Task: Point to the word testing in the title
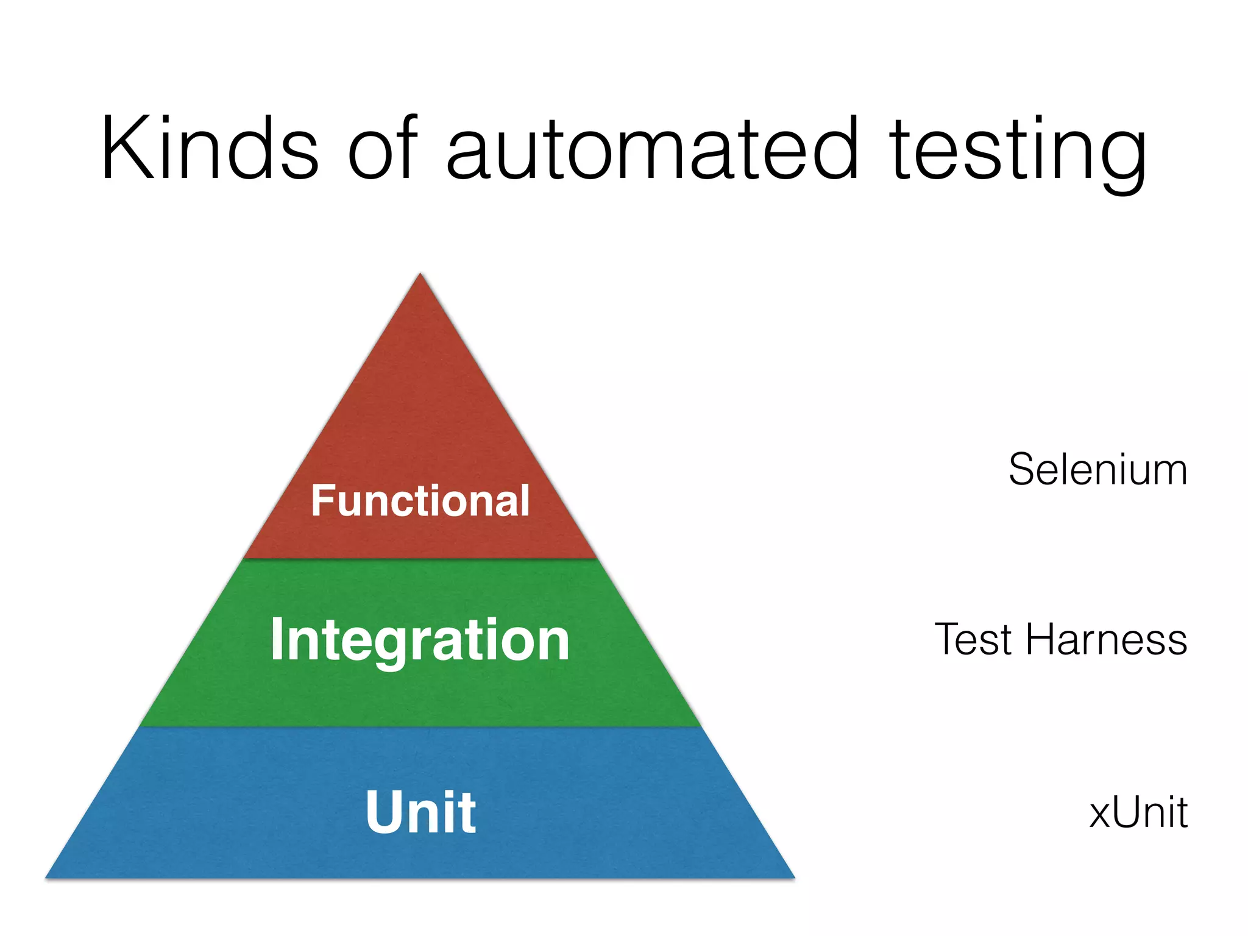tap(1018, 152)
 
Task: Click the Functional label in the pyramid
tap(420, 501)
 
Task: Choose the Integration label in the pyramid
tap(420, 640)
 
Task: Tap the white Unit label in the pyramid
tap(420, 812)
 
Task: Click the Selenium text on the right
tap(1097, 470)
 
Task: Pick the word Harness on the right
tap(1107, 640)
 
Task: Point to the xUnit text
tap(1138, 812)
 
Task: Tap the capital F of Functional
tap(322, 501)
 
